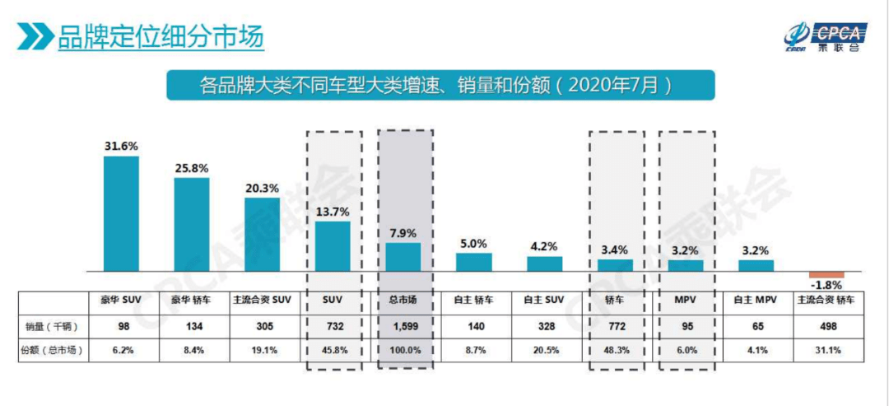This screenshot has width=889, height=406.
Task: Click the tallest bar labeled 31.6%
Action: (121, 213)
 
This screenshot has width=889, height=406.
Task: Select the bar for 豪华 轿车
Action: (191, 224)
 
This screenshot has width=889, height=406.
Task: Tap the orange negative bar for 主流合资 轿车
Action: (826, 274)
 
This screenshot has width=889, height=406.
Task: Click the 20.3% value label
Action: (262, 186)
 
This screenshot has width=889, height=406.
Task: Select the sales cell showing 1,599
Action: (403, 326)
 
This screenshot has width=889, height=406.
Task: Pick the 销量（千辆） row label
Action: (50, 326)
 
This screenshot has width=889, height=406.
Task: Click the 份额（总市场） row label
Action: (50, 349)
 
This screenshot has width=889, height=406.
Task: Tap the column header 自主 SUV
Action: (544, 301)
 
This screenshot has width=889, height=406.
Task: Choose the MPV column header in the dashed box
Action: (686, 301)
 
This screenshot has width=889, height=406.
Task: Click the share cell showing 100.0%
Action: (403, 349)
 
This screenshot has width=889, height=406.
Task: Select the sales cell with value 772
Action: (616, 326)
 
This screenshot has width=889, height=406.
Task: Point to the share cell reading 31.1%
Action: (826, 349)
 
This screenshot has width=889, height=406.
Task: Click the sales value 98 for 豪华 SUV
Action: (121, 326)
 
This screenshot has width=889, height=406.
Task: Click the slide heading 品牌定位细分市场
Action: (160, 37)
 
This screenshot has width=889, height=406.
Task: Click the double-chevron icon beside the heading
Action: (35, 37)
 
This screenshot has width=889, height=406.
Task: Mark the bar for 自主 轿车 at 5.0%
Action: (474, 262)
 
